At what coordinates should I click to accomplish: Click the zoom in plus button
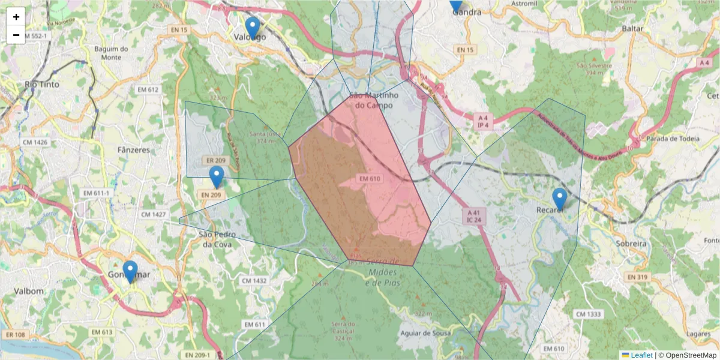[x=16, y=17]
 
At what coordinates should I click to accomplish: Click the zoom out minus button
[x=16, y=35]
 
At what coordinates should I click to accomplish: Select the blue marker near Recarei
[x=559, y=199]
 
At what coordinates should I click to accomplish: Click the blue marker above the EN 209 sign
[x=217, y=177]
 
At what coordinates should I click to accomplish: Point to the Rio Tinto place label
[x=42, y=85]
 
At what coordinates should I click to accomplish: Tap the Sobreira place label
[x=631, y=244]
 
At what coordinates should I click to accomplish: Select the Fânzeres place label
[x=134, y=150]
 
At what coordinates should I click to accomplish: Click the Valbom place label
[x=29, y=291]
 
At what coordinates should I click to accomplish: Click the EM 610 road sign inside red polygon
[x=370, y=179]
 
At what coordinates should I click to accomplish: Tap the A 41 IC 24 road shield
[x=473, y=217]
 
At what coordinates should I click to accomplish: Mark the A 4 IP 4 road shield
[x=484, y=122]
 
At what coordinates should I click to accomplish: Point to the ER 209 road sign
[x=215, y=161]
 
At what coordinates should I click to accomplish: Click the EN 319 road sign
[x=638, y=277]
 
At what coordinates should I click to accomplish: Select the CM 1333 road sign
[x=587, y=314]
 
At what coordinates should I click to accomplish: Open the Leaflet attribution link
[x=641, y=355]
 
